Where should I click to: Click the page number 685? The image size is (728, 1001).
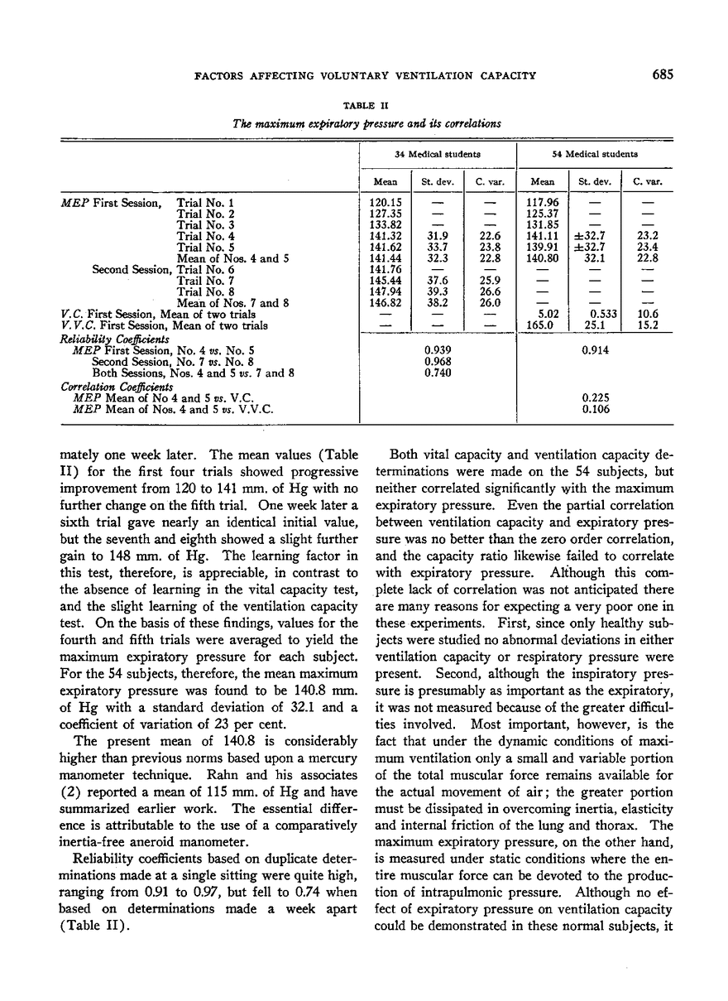[x=663, y=75]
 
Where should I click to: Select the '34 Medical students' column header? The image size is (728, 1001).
[x=438, y=154]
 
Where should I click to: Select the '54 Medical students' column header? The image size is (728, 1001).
[x=595, y=154]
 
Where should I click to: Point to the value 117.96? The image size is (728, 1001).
[x=542, y=202]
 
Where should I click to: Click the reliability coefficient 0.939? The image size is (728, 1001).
[x=437, y=349]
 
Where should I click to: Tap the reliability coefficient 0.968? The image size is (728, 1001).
[x=437, y=361]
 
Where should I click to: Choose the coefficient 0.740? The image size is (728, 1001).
[x=437, y=373]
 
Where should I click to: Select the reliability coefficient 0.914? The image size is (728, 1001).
[x=595, y=349]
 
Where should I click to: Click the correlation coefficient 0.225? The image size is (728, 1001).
[x=595, y=397]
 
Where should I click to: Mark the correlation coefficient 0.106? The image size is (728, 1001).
[x=595, y=408]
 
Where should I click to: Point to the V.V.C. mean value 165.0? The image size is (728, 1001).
[x=542, y=325]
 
